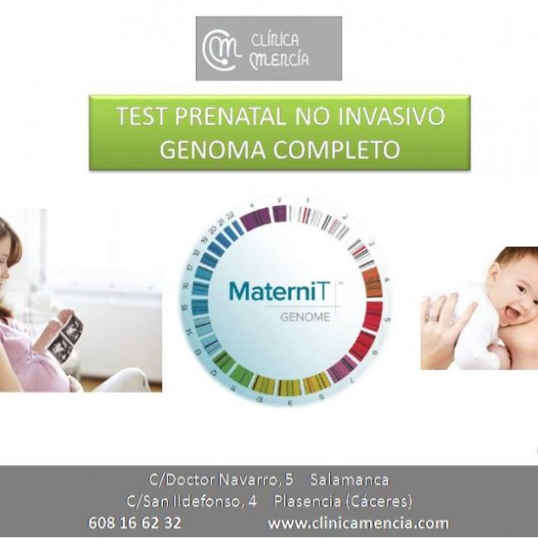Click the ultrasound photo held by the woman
pyautogui.click(x=65, y=335)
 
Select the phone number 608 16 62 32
pyautogui.click(x=135, y=523)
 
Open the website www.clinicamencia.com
pyautogui.click(x=358, y=523)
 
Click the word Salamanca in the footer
pyautogui.click(x=349, y=480)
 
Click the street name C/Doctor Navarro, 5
pyautogui.click(x=221, y=480)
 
